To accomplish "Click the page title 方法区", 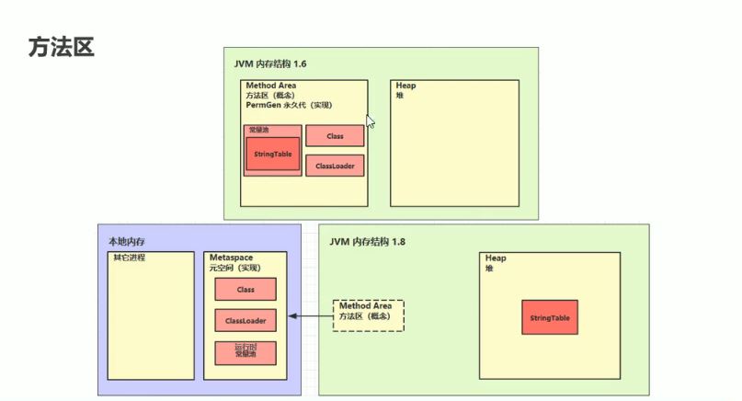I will (62, 47).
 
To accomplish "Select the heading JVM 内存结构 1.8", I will (367, 241).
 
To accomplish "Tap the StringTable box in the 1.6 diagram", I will (273, 154).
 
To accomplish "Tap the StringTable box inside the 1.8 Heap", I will (550, 317).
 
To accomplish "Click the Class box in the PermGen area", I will (335, 136).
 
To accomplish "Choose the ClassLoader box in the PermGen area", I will (335, 166).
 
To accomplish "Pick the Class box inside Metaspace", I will (245, 289).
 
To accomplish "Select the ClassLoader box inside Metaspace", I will (245, 320).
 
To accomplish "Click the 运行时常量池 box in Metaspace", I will (245, 351).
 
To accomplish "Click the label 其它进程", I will (129, 258).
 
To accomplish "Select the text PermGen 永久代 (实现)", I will (289, 105).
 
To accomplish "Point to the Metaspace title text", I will (231, 258).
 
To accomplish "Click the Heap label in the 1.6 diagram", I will (405, 86).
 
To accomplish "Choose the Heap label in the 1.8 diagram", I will (496, 258).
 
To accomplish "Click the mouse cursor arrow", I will (370, 120).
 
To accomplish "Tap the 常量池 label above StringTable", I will (259, 130).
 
